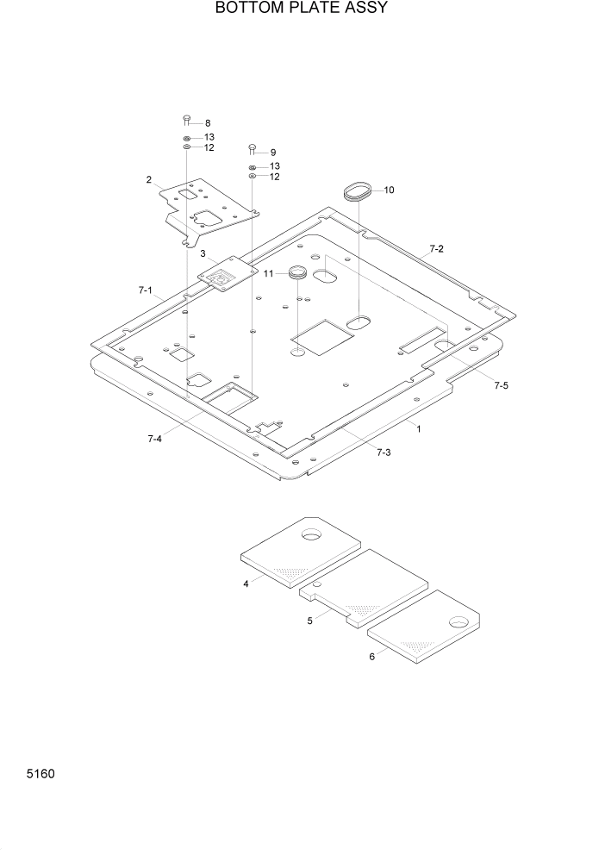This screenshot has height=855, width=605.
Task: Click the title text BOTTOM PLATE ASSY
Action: [x=302, y=9]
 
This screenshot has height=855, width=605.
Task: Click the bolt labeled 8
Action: [x=186, y=119]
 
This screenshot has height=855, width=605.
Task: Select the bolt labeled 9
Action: [x=252, y=148]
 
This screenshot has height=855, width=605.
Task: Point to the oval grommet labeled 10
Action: [x=357, y=190]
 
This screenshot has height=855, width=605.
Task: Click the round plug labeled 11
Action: [x=297, y=273]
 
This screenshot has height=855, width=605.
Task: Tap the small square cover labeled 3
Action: [x=228, y=276]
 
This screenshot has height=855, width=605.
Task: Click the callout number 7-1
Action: [x=145, y=291]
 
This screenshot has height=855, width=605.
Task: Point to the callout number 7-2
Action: [x=436, y=249]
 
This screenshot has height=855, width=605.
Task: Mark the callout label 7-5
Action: [x=501, y=386]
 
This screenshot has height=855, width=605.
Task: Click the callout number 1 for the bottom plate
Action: [x=419, y=428]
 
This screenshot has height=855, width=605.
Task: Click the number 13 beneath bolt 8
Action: [x=209, y=137]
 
